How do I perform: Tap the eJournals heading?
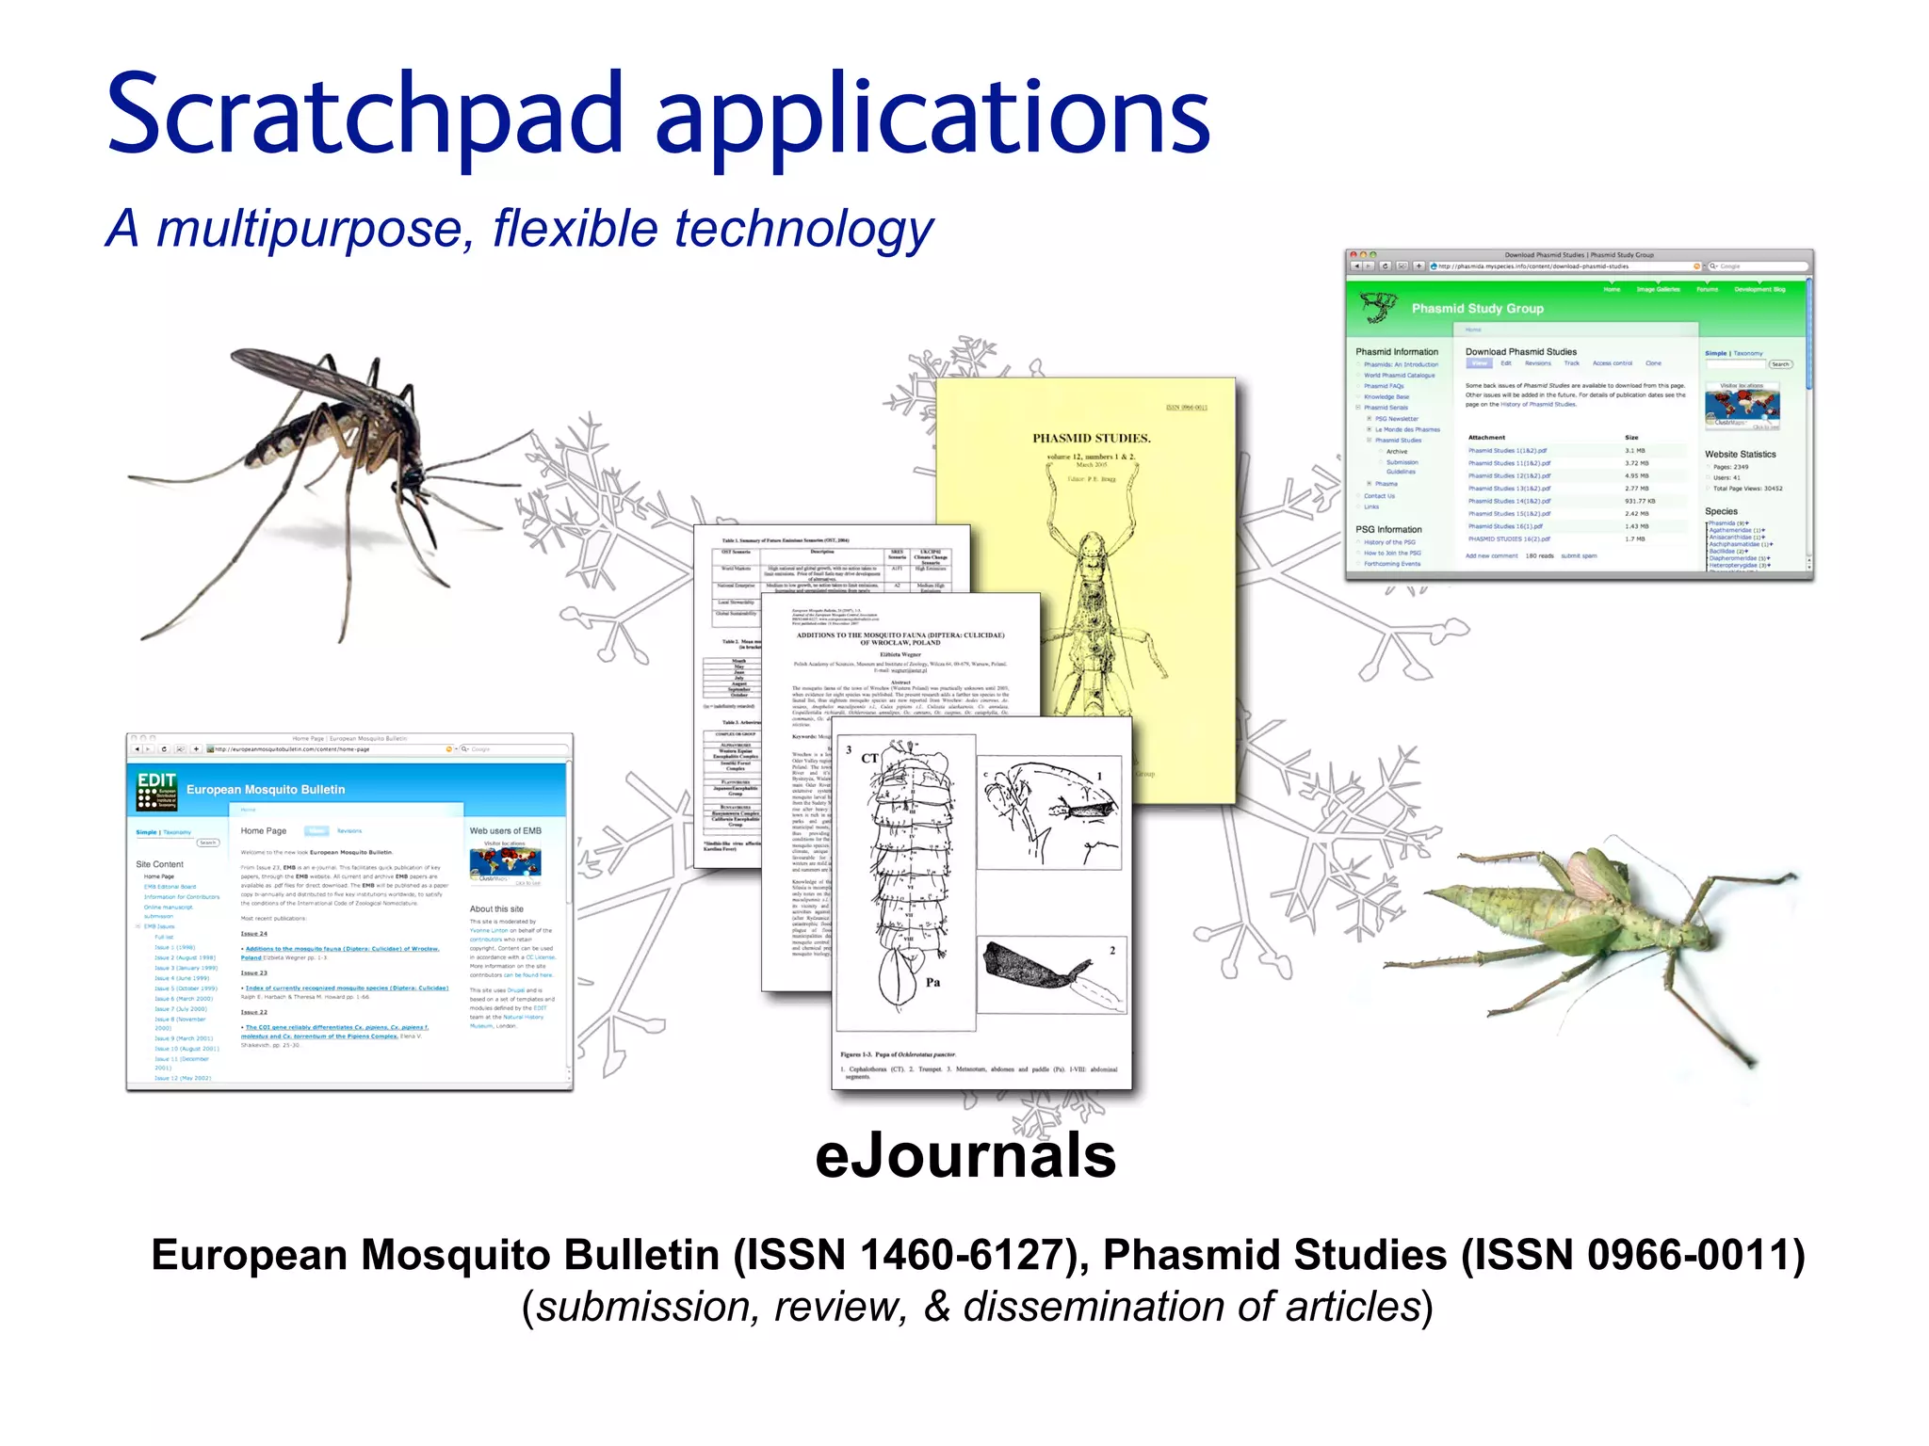click(x=965, y=1155)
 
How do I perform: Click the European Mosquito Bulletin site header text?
click(x=266, y=790)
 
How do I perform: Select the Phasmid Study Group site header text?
click(x=1477, y=309)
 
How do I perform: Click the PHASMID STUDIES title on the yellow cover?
click(x=1091, y=439)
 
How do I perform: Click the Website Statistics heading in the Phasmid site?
click(x=1740, y=455)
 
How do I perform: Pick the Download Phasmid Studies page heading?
click(x=1520, y=352)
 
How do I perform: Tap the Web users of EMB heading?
click(x=505, y=831)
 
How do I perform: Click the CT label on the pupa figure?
click(x=869, y=758)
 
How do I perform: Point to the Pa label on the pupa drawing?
click(x=932, y=983)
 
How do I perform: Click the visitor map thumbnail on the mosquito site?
click(x=505, y=863)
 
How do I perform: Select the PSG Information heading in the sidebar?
click(x=1388, y=530)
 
